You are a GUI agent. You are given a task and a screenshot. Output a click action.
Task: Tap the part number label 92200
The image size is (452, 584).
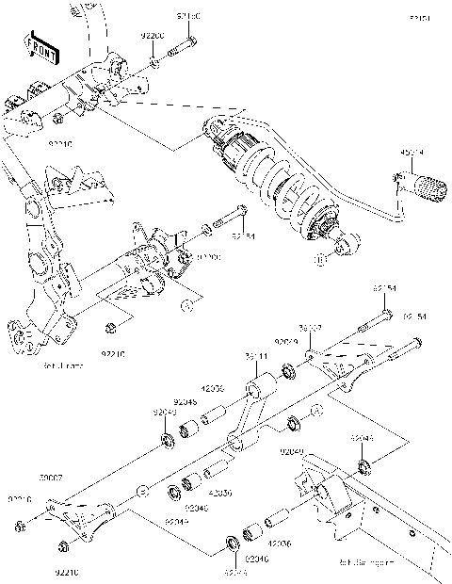coord(153,36)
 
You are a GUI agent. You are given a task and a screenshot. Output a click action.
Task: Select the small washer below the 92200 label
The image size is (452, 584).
coord(153,64)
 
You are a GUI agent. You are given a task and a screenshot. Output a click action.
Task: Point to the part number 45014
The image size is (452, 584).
coord(412,151)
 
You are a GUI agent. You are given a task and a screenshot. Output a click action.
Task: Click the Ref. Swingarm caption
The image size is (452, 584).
coord(363,562)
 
